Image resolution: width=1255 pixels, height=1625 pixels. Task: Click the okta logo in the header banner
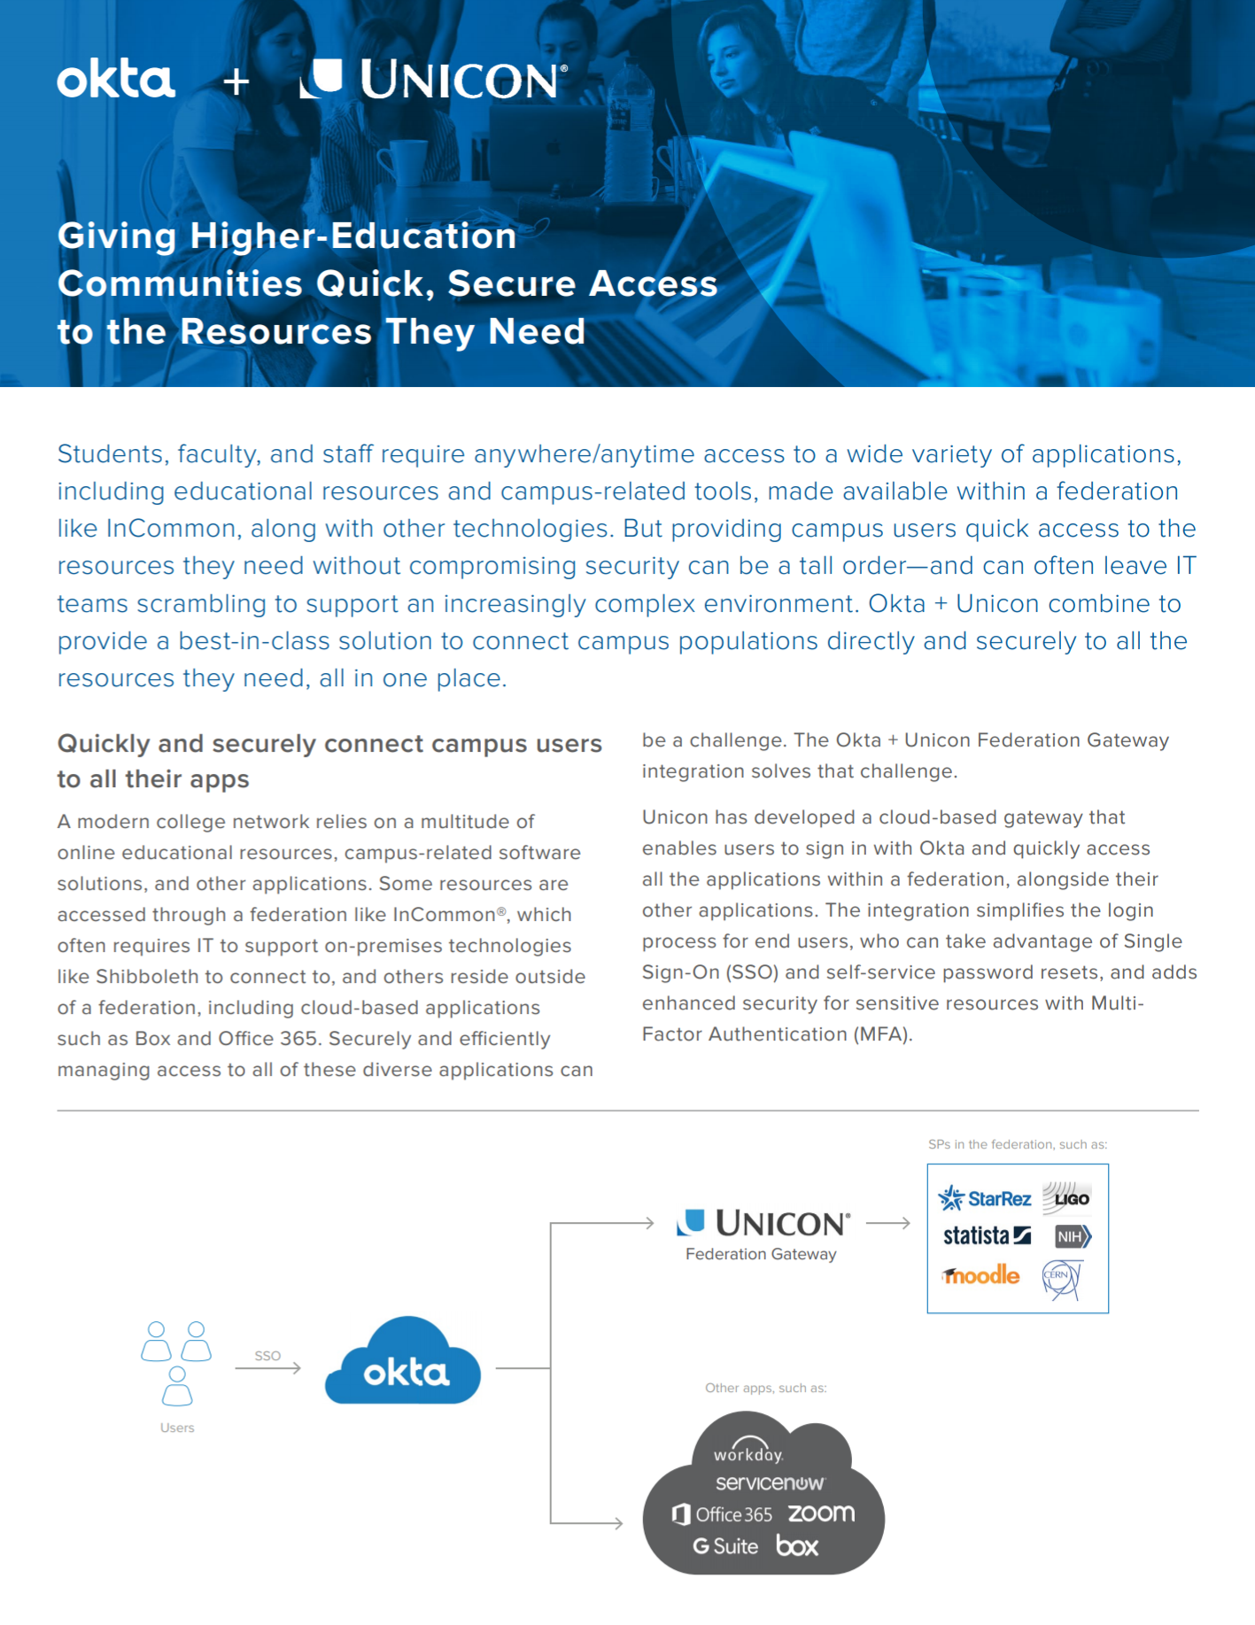[x=116, y=80]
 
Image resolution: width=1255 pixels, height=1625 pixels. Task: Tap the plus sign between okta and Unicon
[x=236, y=82]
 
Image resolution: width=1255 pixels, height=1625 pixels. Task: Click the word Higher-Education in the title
[x=352, y=236]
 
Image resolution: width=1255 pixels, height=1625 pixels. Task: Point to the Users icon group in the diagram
[x=177, y=1363]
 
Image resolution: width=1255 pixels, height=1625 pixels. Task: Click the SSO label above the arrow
[x=267, y=1356]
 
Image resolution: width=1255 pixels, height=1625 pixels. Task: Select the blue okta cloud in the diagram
[x=404, y=1364]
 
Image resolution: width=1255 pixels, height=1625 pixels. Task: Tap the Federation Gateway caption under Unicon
[x=761, y=1254]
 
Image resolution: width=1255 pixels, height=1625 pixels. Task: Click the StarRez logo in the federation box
[x=985, y=1198]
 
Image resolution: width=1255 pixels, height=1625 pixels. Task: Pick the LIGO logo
[x=1067, y=1197]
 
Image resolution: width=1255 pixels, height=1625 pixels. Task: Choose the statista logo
[x=987, y=1235]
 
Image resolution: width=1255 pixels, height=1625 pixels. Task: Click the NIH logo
[x=1073, y=1236]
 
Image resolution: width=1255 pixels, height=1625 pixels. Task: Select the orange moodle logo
[x=981, y=1275]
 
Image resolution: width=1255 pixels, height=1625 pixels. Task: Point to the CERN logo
[x=1061, y=1279]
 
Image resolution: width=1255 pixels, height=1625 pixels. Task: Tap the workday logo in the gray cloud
[x=748, y=1451]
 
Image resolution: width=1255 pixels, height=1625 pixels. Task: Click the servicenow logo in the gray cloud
[x=770, y=1482]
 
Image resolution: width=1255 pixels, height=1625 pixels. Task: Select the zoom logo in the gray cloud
[x=821, y=1513]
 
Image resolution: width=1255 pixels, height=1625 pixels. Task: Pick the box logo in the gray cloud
[x=797, y=1546]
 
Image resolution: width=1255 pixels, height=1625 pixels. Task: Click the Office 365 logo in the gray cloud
[x=723, y=1514]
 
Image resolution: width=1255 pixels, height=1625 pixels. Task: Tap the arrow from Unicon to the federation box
[x=888, y=1223]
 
